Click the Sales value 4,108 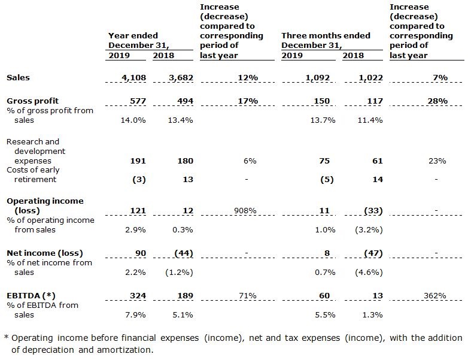click(133, 78)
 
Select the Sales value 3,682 click(181, 78)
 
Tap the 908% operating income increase click(245, 211)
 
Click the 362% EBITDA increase click(435, 296)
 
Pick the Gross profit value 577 click(138, 101)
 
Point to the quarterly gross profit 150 click(322, 101)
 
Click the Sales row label click(18, 78)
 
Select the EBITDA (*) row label click(31, 296)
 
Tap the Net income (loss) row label click(45, 253)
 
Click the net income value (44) click(184, 253)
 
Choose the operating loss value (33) click(373, 211)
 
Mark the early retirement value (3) click(139, 180)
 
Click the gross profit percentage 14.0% click(133, 120)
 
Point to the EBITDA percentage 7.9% click(135, 315)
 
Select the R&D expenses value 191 click(138, 161)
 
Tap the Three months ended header click(326, 35)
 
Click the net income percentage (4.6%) click(369, 273)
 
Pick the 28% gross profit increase click(437, 101)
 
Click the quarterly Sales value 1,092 click(318, 78)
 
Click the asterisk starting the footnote click(6, 337)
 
